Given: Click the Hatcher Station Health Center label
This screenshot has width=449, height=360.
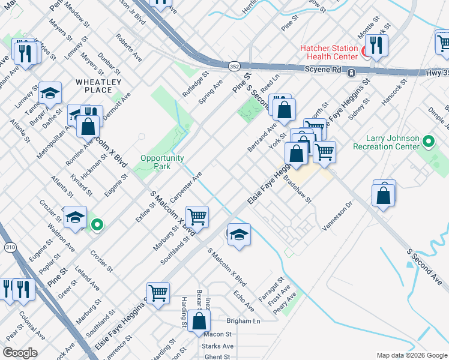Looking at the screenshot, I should click(x=330, y=53).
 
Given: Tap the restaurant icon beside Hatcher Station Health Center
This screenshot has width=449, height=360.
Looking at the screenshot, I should click(x=376, y=46).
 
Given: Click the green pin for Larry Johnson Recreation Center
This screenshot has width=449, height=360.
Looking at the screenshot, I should click(x=427, y=143).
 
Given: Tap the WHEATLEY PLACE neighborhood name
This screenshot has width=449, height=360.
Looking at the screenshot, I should click(x=98, y=86).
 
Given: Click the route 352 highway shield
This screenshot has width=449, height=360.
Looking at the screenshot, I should click(x=233, y=65).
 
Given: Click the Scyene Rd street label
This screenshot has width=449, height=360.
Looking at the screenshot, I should click(x=323, y=70).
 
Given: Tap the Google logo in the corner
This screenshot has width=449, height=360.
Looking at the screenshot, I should click(x=19, y=353).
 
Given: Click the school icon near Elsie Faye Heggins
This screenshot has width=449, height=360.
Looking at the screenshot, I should click(x=238, y=234).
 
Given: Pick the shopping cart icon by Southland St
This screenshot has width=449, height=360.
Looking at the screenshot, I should click(x=197, y=216).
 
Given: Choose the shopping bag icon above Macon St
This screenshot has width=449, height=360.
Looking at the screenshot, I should click(x=199, y=321).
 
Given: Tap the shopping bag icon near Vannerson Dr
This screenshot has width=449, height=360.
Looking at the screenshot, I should click(x=383, y=196).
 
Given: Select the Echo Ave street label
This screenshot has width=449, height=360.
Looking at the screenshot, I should click(x=244, y=301).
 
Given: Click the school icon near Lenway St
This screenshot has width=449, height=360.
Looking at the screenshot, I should click(x=50, y=92).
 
